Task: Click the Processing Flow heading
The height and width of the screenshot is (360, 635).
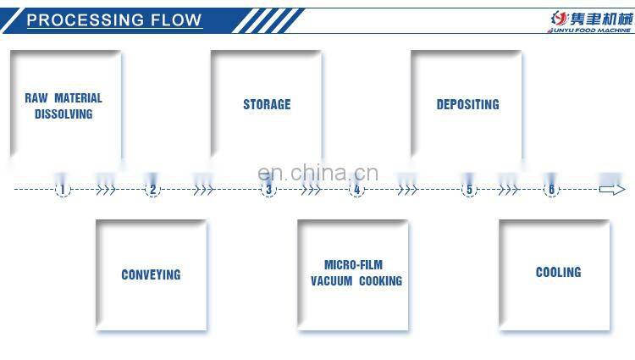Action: tap(114, 20)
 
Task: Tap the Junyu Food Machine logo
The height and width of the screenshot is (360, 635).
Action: tap(584, 20)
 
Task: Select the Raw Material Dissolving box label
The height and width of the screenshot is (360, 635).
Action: tap(63, 106)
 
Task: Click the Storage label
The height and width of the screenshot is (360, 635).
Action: tap(267, 104)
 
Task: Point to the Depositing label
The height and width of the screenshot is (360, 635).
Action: tap(467, 104)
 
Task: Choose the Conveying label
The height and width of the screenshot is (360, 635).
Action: tap(151, 274)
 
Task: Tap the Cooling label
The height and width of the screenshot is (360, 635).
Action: tap(558, 272)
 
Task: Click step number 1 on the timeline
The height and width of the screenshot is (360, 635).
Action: tap(62, 190)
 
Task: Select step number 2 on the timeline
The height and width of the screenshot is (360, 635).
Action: tap(153, 190)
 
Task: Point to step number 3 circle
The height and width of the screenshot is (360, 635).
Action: tap(269, 190)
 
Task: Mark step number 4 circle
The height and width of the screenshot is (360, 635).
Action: tap(356, 190)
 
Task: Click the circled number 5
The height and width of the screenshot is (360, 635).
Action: tap(470, 190)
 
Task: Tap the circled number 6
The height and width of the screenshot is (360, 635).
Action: tap(551, 190)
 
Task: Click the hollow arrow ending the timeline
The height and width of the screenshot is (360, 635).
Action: tap(612, 190)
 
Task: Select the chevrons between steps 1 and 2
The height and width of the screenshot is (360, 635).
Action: tap(106, 190)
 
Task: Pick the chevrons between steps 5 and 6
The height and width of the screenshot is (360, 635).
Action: tap(508, 190)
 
